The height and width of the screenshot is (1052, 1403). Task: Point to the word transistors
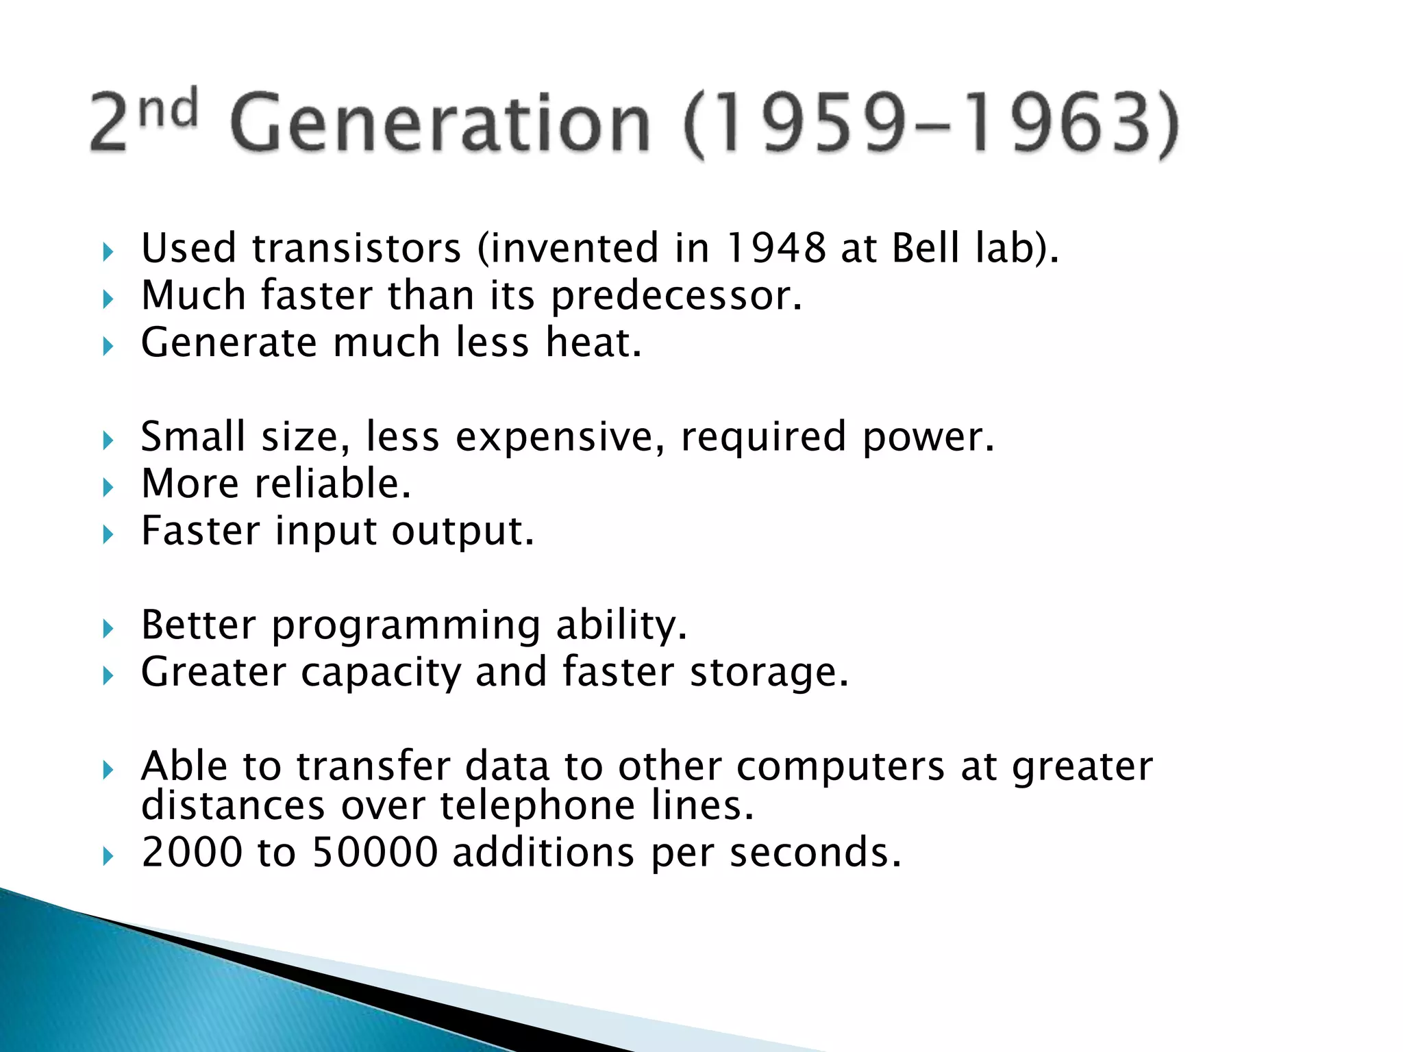pyautogui.click(x=356, y=248)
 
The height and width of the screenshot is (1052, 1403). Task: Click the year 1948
pyautogui.click(x=775, y=248)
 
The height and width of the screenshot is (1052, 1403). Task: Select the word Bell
pyautogui.click(x=926, y=248)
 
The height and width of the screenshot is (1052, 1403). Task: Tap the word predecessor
pyautogui.click(x=675, y=297)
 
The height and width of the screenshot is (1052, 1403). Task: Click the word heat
pyautogui.click(x=593, y=342)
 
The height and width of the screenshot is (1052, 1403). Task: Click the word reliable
pyautogui.click(x=332, y=484)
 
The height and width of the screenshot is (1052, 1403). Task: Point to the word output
pyautogui.click(x=462, y=531)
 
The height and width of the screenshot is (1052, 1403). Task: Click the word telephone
pyautogui.click(x=537, y=805)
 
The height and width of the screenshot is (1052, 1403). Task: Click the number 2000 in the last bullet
pyautogui.click(x=192, y=853)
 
